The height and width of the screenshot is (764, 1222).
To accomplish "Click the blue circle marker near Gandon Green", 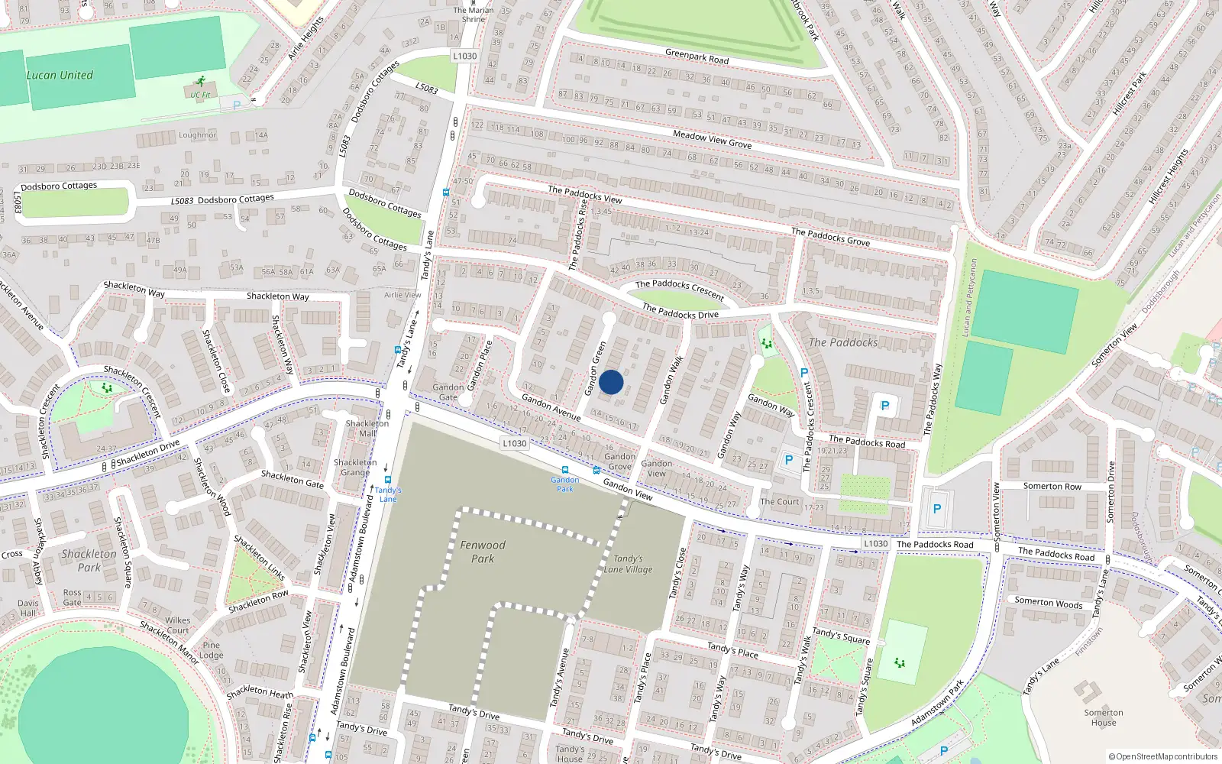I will click(x=611, y=382).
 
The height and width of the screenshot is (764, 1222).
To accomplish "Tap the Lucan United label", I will click(x=60, y=75).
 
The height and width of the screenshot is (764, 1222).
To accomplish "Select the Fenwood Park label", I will click(x=483, y=552).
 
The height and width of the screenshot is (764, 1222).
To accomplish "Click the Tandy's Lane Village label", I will click(x=628, y=564).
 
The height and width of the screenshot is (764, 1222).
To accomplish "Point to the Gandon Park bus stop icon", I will click(x=565, y=471).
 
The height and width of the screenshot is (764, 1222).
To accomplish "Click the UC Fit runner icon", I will click(x=200, y=81).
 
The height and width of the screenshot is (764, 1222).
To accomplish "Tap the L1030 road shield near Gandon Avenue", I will click(x=515, y=443).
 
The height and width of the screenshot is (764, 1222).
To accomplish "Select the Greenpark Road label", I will click(x=697, y=57).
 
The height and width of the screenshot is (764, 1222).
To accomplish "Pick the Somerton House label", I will click(x=1104, y=717).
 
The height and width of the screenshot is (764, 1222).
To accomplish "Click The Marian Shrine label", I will click(x=474, y=15).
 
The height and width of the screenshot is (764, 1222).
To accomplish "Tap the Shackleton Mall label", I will click(x=367, y=428).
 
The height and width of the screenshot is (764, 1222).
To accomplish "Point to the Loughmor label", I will click(x=198, y=134).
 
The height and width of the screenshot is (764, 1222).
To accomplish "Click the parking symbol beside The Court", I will click(x=789, y=461).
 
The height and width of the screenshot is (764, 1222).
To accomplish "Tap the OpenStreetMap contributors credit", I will click(x=1163, y=756).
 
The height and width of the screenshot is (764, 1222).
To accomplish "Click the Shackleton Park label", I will click(x=89, y=560).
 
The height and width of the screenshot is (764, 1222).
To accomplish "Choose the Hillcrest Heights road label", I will click(x=1169, y=176).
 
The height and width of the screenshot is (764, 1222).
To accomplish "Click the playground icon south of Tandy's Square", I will click(x=899, y=662).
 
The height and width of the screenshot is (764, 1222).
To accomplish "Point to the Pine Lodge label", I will click(x=212, y=650).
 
